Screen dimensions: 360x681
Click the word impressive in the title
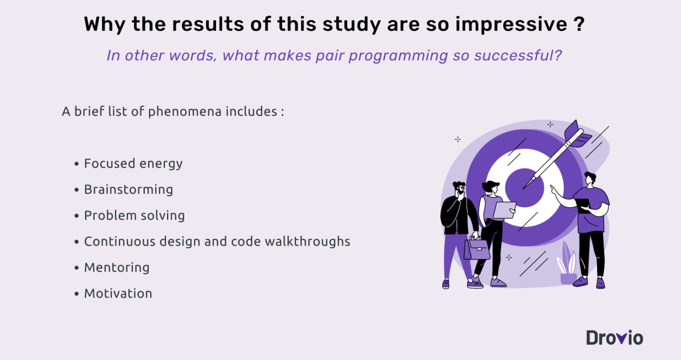[x=508, y=25]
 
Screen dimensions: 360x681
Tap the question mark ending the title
[x=580, y=25]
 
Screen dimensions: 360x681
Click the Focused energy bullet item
[x=133, y=163]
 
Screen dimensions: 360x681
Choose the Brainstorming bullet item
[x=128, y=189]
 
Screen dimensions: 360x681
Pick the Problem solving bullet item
[x=134, y=215]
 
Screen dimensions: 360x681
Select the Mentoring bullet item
[x=117, y=267]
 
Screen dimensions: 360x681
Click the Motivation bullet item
[x=118, y=294]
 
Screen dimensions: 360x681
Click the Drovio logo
[x=614, y=338]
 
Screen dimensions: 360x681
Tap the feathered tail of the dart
[x=577, y=134]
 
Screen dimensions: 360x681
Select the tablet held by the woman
[x=504, y=210]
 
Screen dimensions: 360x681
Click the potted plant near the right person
[x=567, y=266]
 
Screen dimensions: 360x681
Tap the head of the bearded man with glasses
[x=459, y=189]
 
